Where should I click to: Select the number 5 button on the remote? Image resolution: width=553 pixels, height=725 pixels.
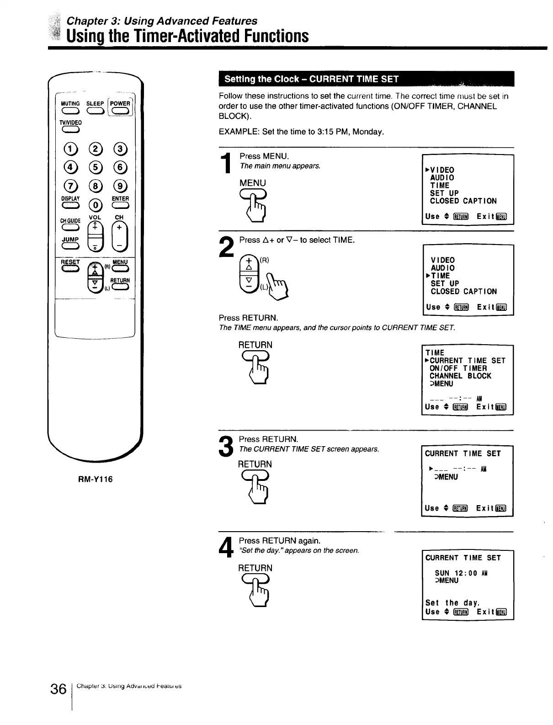pos(95,167)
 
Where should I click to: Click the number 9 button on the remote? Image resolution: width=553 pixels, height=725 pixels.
pos(120,186)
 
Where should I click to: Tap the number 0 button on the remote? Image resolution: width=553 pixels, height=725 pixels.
pos(95,204)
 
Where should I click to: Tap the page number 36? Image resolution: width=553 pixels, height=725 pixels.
pos(58,689)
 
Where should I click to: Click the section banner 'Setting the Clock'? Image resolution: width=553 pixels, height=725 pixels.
pos(312,79)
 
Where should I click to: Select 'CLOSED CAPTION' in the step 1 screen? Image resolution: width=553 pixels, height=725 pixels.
pos(463,201)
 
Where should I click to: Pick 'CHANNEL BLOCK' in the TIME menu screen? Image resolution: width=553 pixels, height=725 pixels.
pos(460,376)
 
